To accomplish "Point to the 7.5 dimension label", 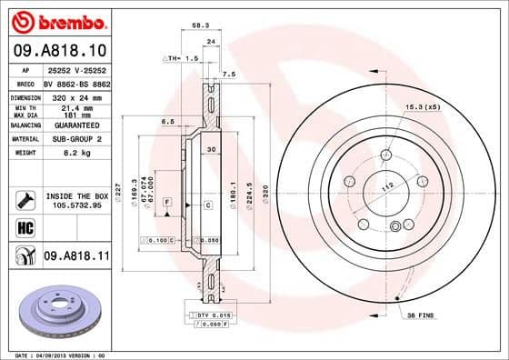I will tap(229, 73).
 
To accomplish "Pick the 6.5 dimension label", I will tap(167, 121).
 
